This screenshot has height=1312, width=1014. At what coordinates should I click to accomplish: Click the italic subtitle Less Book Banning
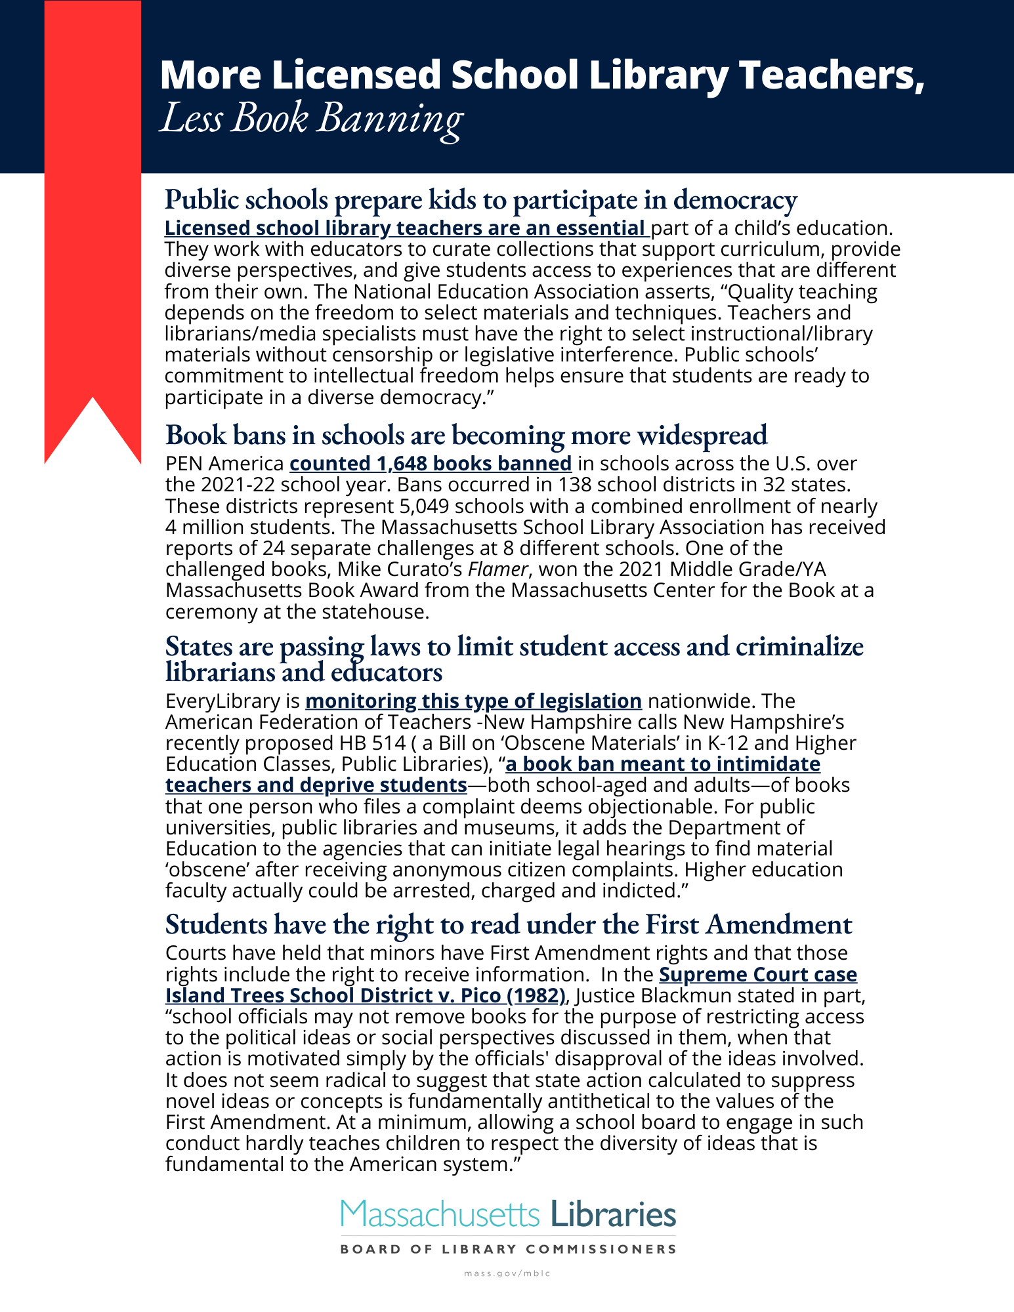(x=311, y=119)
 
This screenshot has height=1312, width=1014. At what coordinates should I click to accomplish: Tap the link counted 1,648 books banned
(x=431, y=464)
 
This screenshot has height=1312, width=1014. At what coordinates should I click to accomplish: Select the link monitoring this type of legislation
(x=473, y=701)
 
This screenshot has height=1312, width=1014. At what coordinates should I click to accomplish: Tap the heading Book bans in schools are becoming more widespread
(x=466, y=435)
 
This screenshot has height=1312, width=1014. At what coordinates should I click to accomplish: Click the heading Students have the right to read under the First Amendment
(x=508, y=924)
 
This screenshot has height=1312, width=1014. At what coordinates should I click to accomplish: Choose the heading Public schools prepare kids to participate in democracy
(x=480, y=199)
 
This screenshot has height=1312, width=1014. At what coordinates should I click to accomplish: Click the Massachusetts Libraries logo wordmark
(x=508, y=1214)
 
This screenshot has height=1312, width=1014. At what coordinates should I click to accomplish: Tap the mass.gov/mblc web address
(x=507, y=1273)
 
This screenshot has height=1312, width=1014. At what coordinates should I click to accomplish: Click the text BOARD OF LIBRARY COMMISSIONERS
(x=508, y=1249)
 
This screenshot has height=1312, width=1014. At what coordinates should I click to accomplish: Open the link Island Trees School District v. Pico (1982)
(x=365, y=996)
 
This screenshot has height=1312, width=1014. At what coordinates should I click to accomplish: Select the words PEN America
(x=224, y=464)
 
